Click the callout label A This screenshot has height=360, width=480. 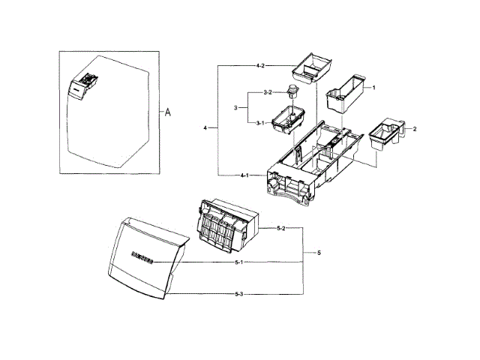(169, 112)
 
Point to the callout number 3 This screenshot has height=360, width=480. (235, 107)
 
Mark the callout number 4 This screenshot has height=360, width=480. (205, 128)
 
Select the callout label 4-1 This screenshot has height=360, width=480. (245, 175)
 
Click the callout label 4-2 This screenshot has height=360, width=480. (260, 67)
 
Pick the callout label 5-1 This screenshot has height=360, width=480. (240, 262)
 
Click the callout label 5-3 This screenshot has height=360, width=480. (240, 293)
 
